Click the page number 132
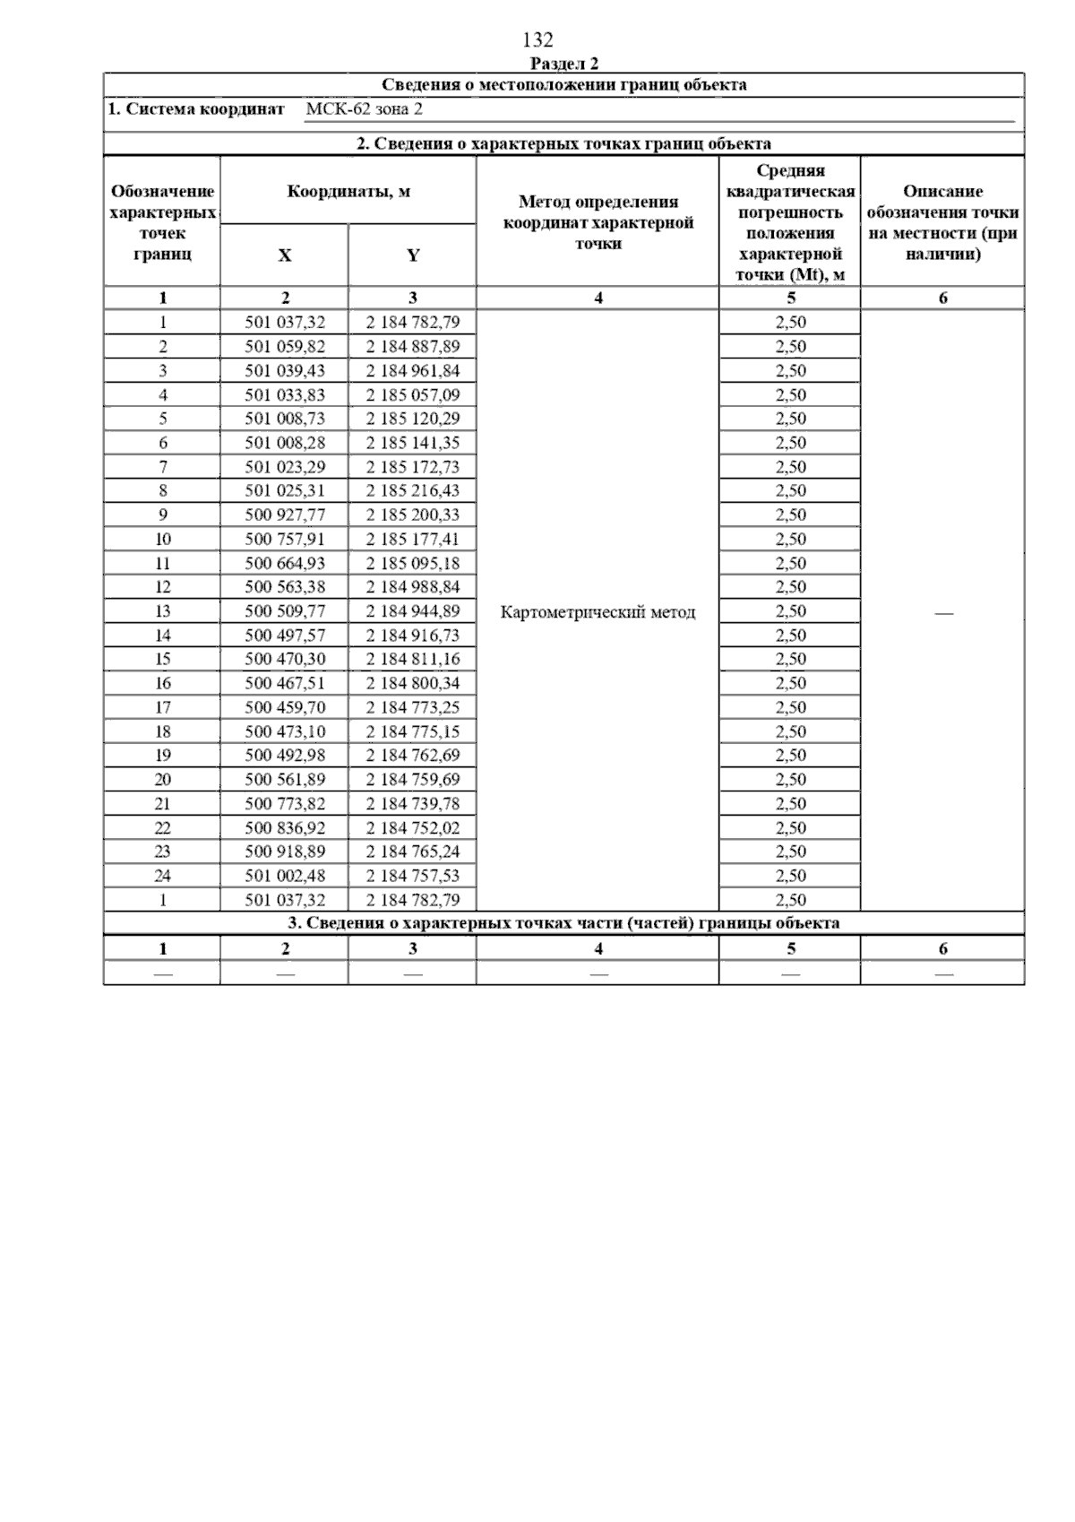pyautogui.click(x=537, y=40)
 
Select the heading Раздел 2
pyautogui.click(x=563, y=64)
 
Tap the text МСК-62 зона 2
pyautogui.click(x=364, y=109)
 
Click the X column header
pyautogui.click(x=284, y=255)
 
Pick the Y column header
pyautogui.click(x=412, y=255)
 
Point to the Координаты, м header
pyautogui.click(x=348, y=191)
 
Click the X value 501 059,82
pyautogui.click(x=285, y=347)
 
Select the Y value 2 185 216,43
pyautogui.click(x=412, y=491)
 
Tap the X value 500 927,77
pyautogui.click(x=285, y=515)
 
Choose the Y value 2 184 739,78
pyautogui.click(x=412, y=804)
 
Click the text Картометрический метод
pyautogui.click(x=598, y=612)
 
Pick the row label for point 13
pyautogui.click(x=162, y=611)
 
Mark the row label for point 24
pyautogui.click(x=162, y=876)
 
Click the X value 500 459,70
pyautogui.click(x=285, y=707)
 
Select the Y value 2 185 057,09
pyautogui.click(x=412, y=395)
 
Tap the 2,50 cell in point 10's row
pyautogui.click(x=790, y=540)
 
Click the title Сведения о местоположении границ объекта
pyautogui.click(x=563, y=85)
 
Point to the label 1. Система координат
pyautogui.click(x=195, y=109)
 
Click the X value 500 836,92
pyautogui.click(x=285, y=828)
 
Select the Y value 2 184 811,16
pyautogui.click(x=412, y=660)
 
